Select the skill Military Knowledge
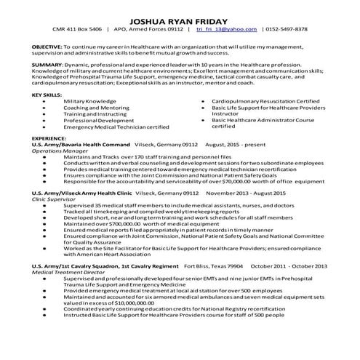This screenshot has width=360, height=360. pos(89,101)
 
